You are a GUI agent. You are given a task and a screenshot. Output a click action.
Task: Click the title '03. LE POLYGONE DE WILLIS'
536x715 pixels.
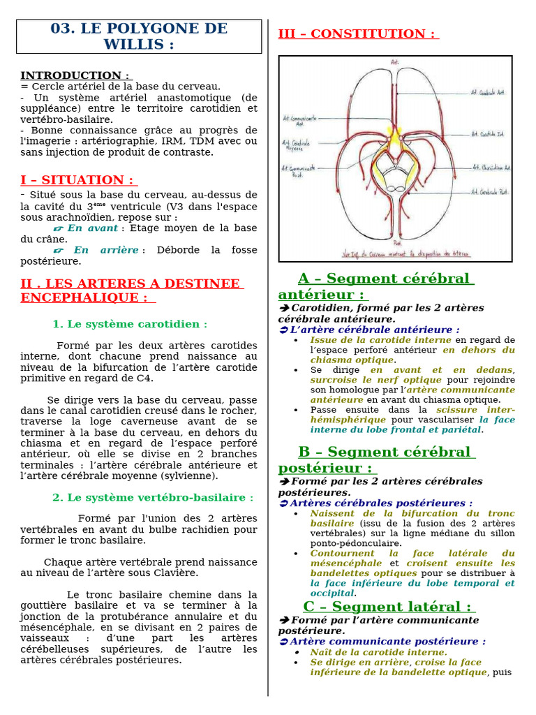click(139, 36)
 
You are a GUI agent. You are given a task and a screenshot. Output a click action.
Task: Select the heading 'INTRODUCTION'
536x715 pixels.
click(75, 75)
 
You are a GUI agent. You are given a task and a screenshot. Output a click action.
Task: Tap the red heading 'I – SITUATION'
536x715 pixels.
click(77, 180)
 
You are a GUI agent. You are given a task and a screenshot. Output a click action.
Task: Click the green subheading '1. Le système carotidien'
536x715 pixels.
click(130, 324)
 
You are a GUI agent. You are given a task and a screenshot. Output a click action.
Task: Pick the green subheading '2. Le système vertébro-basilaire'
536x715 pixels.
click(153, 497)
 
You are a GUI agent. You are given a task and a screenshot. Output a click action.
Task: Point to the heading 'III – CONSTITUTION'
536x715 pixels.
click(357, 34)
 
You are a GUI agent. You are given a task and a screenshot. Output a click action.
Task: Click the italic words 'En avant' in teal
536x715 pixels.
click(93, 228)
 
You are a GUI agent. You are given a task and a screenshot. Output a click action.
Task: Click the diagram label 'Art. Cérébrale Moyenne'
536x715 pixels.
click(296, 146)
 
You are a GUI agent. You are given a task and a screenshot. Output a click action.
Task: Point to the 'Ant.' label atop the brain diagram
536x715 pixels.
click(395, 63)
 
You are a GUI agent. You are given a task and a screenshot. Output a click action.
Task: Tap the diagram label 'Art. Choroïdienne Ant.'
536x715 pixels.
click(491, 168)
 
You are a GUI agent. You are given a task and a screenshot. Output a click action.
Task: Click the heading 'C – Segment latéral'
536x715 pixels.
click(387, 606)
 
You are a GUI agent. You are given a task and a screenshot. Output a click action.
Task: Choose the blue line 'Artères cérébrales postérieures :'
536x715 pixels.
click(381, 503)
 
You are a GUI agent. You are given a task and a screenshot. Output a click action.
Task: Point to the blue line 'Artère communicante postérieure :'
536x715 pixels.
click(388, 641)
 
